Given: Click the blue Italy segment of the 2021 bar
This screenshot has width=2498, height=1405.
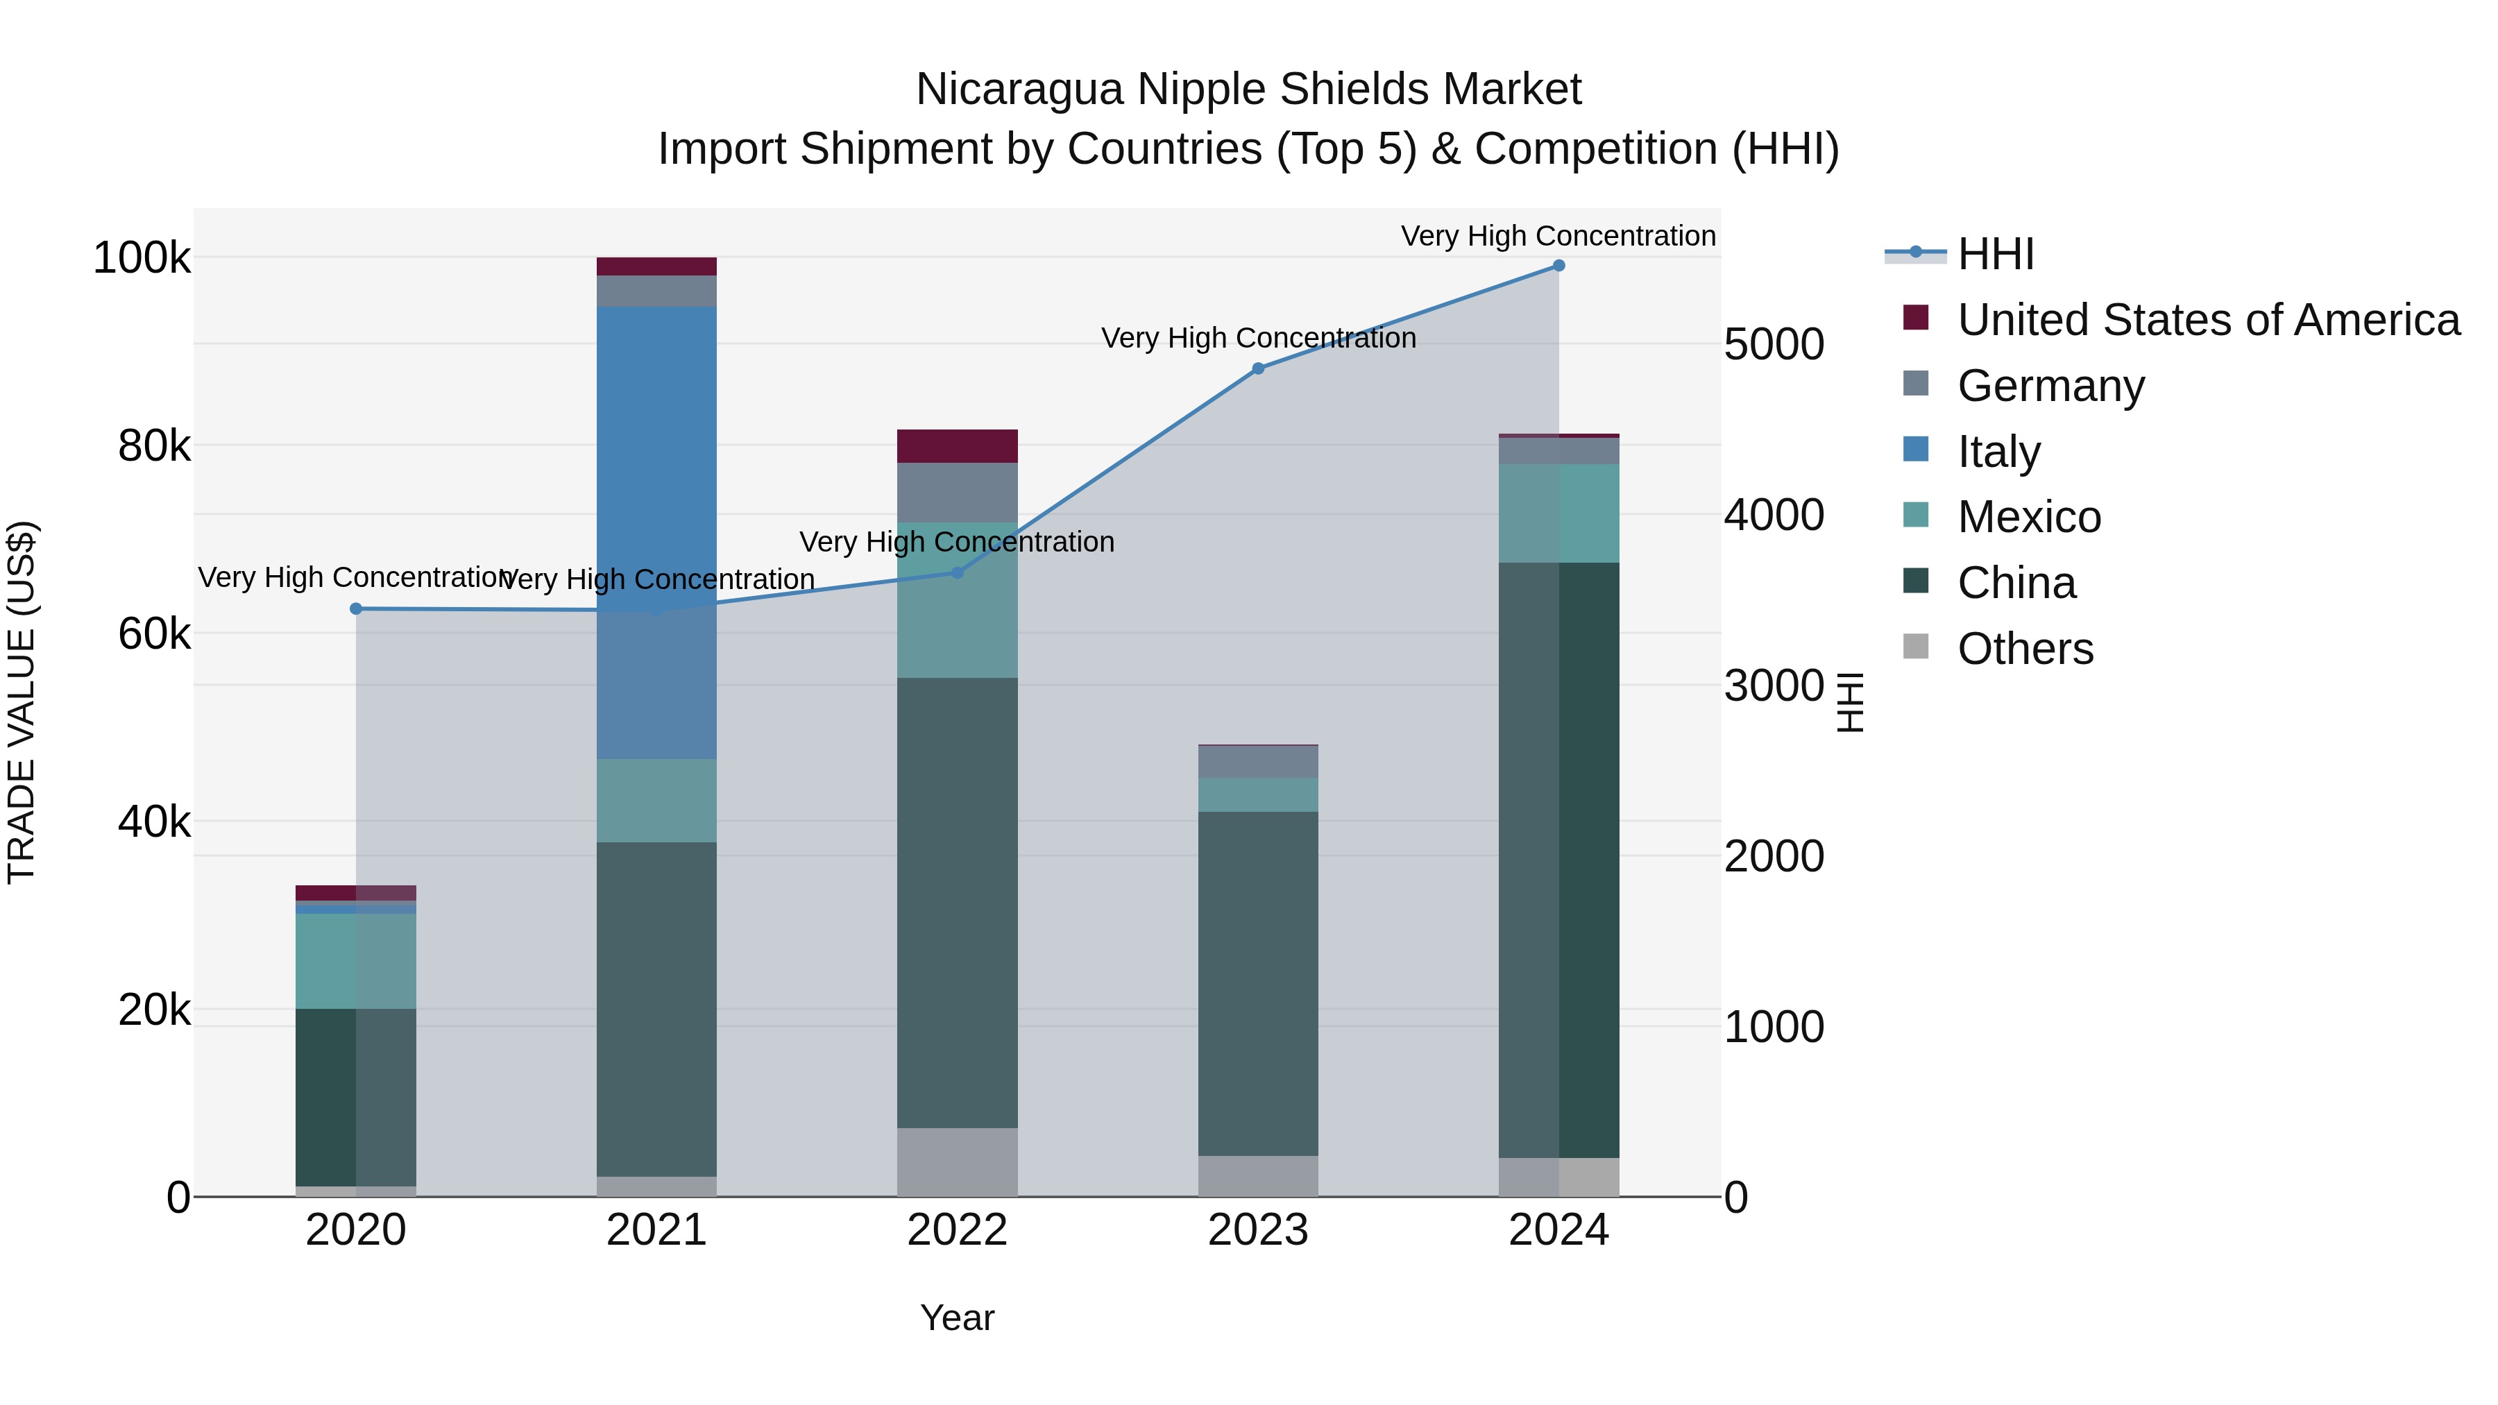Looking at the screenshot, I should coord(656,456).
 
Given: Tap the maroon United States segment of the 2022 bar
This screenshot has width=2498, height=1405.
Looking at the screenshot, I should coord(957,446).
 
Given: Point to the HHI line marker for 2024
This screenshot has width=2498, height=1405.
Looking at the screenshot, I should coord(1558,266).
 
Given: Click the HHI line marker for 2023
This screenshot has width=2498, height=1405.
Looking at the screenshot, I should coord(1258,368).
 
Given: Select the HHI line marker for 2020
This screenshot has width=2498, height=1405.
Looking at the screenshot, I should coord(356,609).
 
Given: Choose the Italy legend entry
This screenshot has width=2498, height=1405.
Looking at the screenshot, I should coord(1998,452).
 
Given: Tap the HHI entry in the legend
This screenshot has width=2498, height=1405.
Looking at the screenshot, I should coord(1995,254).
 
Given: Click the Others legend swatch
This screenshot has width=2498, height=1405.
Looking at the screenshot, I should coord(1915,647).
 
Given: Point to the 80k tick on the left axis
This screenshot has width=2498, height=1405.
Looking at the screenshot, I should coord(154,446).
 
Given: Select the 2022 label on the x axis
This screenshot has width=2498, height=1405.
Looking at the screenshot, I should coord(957,1230).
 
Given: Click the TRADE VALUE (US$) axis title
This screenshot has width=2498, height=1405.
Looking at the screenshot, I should coord(22,702).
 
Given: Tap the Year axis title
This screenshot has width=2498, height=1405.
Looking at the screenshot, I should coord(957,1318).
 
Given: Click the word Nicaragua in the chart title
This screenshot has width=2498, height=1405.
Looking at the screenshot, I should coord(1020,90).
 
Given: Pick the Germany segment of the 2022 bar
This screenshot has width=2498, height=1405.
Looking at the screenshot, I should coord(957,493).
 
